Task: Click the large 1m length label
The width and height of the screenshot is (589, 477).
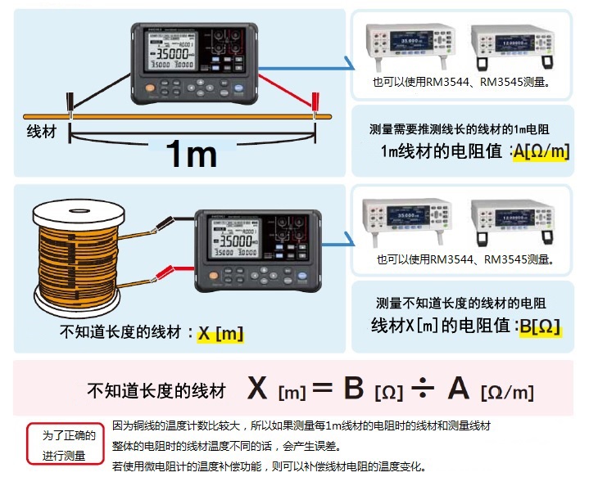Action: point(191,153)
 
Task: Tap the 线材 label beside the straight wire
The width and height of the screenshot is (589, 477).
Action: point(42,131)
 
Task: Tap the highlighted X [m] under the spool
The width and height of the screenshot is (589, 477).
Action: point(221,333)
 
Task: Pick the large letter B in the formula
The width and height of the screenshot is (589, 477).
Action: point(354,389)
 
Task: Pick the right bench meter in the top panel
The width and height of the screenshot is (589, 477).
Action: point(507,44)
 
